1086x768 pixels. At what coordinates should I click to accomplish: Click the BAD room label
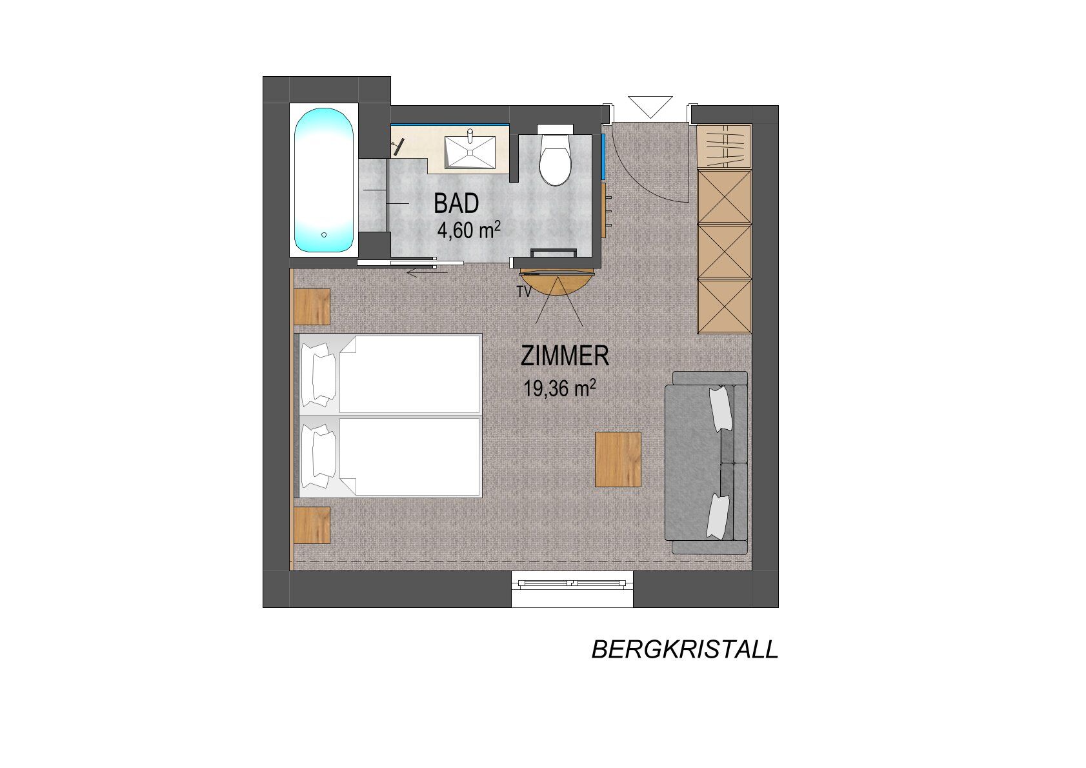pyautogui.click(x=456, y=203)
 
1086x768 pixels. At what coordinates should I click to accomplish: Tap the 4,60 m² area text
pyautogui.click(x=469, y=230)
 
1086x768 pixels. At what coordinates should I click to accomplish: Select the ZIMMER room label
pyautogui.click(x=565, y=356)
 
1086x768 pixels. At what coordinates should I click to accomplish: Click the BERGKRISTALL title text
pyautogui.click(x=685, y=650)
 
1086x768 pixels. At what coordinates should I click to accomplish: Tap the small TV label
pyautogui.click(x=525, y=292)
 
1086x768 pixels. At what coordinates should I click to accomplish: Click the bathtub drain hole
pyautogui.click(x=324, y=235)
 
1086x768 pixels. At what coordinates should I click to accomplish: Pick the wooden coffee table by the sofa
pyautogui.click(x=618, y=459)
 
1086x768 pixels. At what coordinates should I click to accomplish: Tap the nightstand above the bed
pyautogui.click(x=312, y=307)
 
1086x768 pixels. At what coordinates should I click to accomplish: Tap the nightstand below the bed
pyautogui.click(x=312, y=525)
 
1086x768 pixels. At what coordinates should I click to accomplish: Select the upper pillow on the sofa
pyautogui.click(x=720, y=409)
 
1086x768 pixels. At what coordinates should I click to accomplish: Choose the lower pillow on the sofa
pyautogui.click(x=718, y=516)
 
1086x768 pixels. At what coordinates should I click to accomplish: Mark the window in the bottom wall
pyautogui.click(x=572, y=583)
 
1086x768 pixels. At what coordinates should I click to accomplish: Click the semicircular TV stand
pyautogui.click(x=557, y=284)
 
